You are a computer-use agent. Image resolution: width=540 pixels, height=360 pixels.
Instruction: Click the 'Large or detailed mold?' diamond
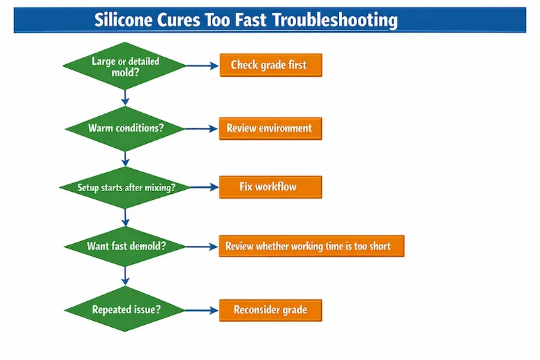125,66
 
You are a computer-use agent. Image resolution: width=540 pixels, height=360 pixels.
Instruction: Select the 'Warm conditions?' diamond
125,128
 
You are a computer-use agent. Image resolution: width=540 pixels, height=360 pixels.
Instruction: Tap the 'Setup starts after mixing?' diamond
125,187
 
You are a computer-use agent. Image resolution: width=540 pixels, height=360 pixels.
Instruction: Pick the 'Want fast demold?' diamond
125,246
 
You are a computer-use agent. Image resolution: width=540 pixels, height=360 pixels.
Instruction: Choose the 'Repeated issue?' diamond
125,310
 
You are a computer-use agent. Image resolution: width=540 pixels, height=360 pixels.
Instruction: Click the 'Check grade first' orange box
271,66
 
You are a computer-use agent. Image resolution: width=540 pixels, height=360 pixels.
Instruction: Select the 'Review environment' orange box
271,128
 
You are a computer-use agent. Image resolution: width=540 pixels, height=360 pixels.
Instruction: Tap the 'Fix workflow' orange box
271,187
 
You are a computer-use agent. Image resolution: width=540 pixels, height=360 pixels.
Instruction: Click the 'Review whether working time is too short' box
311,247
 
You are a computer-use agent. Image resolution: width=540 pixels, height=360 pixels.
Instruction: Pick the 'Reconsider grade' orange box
271,310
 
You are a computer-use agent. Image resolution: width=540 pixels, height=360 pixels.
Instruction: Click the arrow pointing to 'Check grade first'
202,66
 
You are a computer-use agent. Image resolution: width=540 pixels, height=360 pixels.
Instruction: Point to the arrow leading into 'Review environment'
202,128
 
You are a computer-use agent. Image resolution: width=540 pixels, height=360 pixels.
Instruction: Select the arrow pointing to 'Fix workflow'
202,187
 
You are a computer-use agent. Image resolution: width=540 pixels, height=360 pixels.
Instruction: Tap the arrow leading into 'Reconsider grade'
202,310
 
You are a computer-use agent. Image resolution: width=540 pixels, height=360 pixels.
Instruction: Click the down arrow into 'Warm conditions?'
125,97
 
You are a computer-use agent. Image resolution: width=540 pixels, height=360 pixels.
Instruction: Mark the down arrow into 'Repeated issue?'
125,278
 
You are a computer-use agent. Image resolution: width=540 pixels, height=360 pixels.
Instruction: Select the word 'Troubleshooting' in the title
335,20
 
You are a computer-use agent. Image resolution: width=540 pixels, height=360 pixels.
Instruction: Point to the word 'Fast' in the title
249,20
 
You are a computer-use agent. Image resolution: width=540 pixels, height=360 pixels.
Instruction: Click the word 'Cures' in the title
182,20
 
